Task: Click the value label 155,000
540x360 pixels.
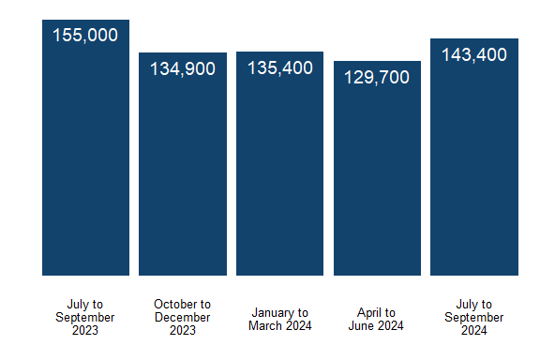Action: point(85,36)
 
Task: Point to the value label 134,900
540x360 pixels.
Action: point(183,68)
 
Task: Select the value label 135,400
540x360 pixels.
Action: point(280,68)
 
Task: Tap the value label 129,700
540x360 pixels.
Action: point(377,78)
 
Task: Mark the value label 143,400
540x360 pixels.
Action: point(474,55)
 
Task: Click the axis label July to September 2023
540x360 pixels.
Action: point(85,317)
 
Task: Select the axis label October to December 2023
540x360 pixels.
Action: point(183,317)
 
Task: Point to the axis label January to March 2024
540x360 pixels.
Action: point(280,319)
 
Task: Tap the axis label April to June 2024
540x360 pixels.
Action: point(377,319)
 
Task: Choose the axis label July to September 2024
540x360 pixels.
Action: point(474,317)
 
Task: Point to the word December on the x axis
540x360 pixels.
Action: point(183,317)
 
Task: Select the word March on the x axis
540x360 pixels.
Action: point(265,325)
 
